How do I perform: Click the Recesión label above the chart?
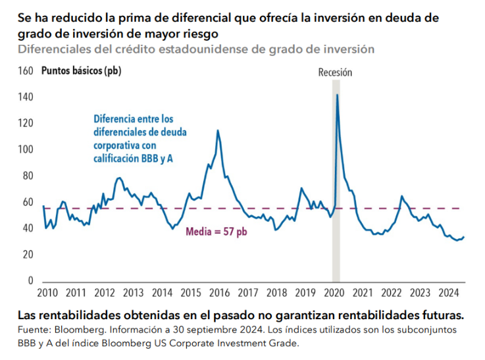(335, 73)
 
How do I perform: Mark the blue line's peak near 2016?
(218, 130)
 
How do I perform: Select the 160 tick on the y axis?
(26, 71)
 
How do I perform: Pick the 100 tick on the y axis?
(26, 149)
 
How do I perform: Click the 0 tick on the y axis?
(30, 280)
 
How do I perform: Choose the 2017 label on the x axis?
(247, 293)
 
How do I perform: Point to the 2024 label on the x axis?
(449, 293)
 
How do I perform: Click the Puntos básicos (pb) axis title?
(81, 71)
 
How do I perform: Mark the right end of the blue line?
(463, 237)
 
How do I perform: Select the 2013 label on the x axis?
(132, 293)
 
